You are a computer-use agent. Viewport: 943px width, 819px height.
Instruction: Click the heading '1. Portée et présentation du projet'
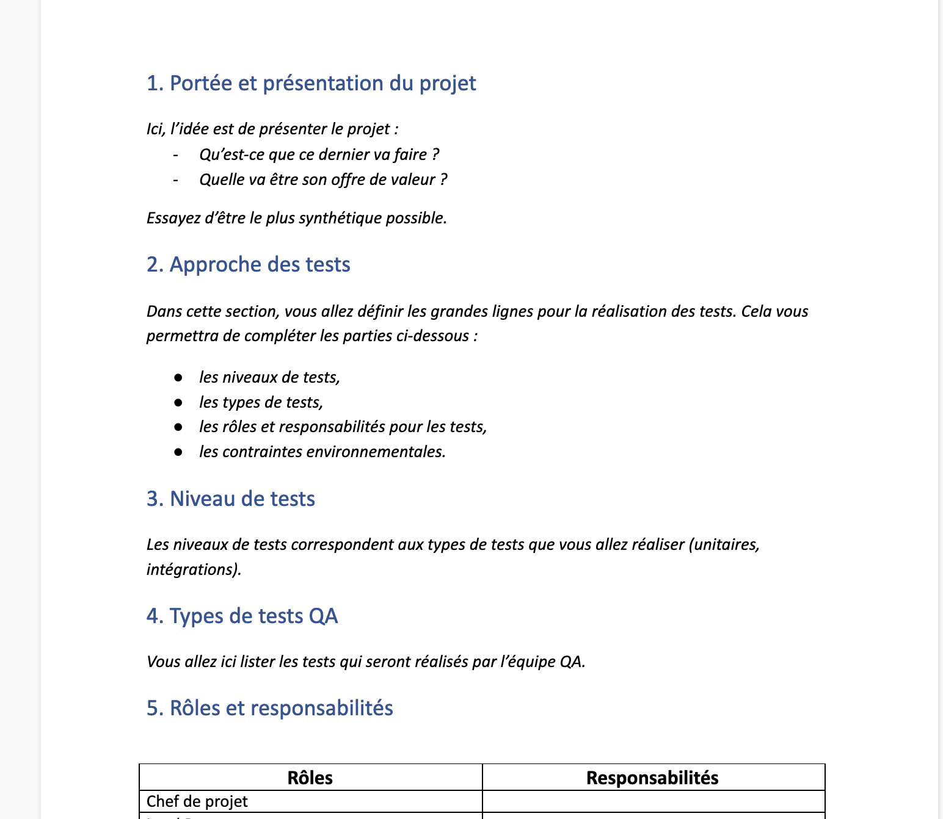311,84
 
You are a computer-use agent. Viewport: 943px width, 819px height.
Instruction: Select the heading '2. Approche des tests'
248,265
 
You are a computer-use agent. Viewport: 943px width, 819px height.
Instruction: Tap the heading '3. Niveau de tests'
230,499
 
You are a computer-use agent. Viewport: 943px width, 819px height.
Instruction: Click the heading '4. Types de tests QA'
242,616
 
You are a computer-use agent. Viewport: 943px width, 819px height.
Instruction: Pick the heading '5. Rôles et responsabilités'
269,709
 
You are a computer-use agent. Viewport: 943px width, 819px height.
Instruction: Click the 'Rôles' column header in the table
310,778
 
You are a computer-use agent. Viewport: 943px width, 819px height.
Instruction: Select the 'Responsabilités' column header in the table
652,778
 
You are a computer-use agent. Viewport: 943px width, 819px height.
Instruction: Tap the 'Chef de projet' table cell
197,801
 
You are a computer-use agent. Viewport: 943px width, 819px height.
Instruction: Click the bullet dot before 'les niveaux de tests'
178,378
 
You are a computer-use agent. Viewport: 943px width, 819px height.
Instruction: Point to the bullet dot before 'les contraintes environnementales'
178,452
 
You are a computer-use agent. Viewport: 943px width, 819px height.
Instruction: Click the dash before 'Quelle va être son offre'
176,180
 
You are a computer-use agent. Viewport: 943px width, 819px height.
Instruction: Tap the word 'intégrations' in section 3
191,570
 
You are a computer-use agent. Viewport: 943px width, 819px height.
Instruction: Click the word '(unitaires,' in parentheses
724,545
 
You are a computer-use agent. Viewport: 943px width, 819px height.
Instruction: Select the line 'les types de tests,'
261,403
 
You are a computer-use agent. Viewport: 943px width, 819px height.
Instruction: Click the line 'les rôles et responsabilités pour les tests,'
343,427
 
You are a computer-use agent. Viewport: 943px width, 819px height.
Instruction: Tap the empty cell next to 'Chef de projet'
653,801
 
